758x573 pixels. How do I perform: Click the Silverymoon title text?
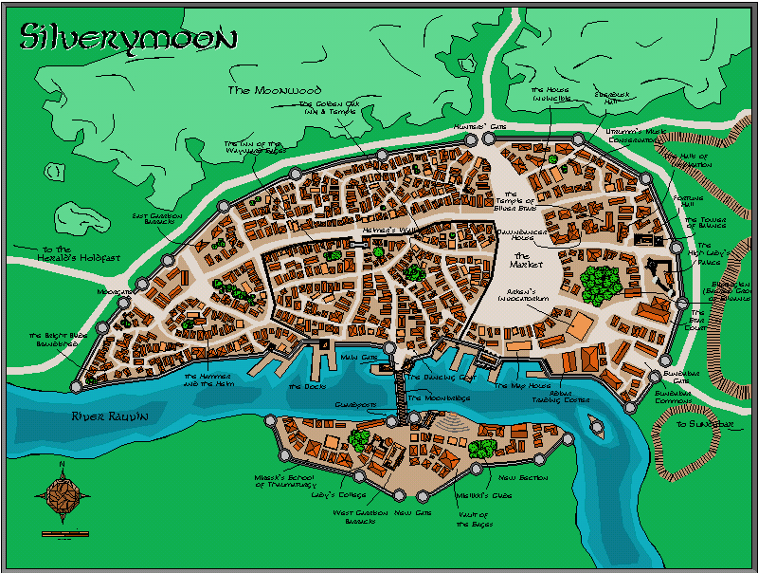[x=128, y=37]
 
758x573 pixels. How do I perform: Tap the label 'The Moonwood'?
[x=262, y=90]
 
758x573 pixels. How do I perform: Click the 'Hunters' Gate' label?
[x=473, y=126]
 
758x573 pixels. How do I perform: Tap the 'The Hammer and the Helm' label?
[x=209, y=379]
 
